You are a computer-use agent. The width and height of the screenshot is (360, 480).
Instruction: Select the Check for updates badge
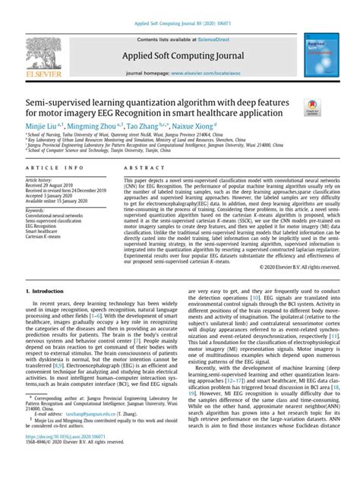pyautogui.click(x=312, y=111)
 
